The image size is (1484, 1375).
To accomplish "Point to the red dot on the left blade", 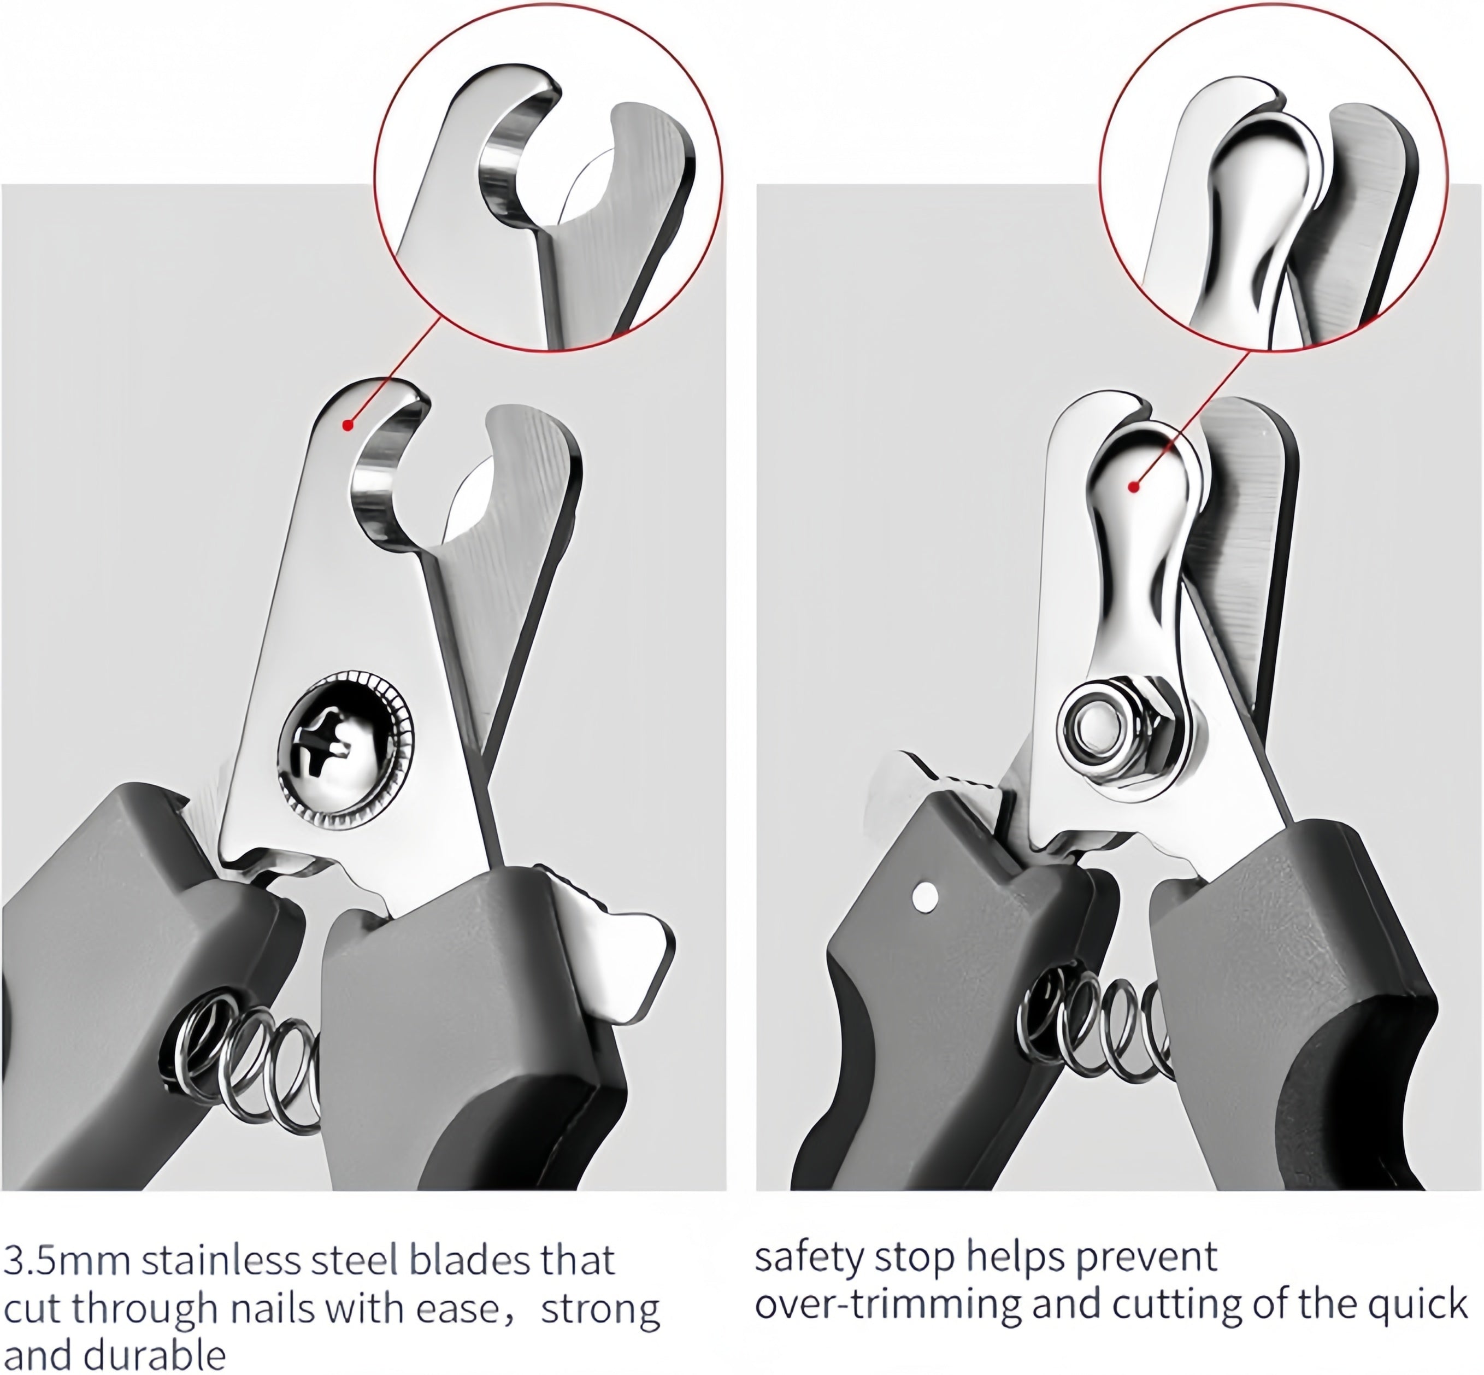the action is [348, 425].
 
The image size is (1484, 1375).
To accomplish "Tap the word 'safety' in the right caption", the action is [809, 1258].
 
